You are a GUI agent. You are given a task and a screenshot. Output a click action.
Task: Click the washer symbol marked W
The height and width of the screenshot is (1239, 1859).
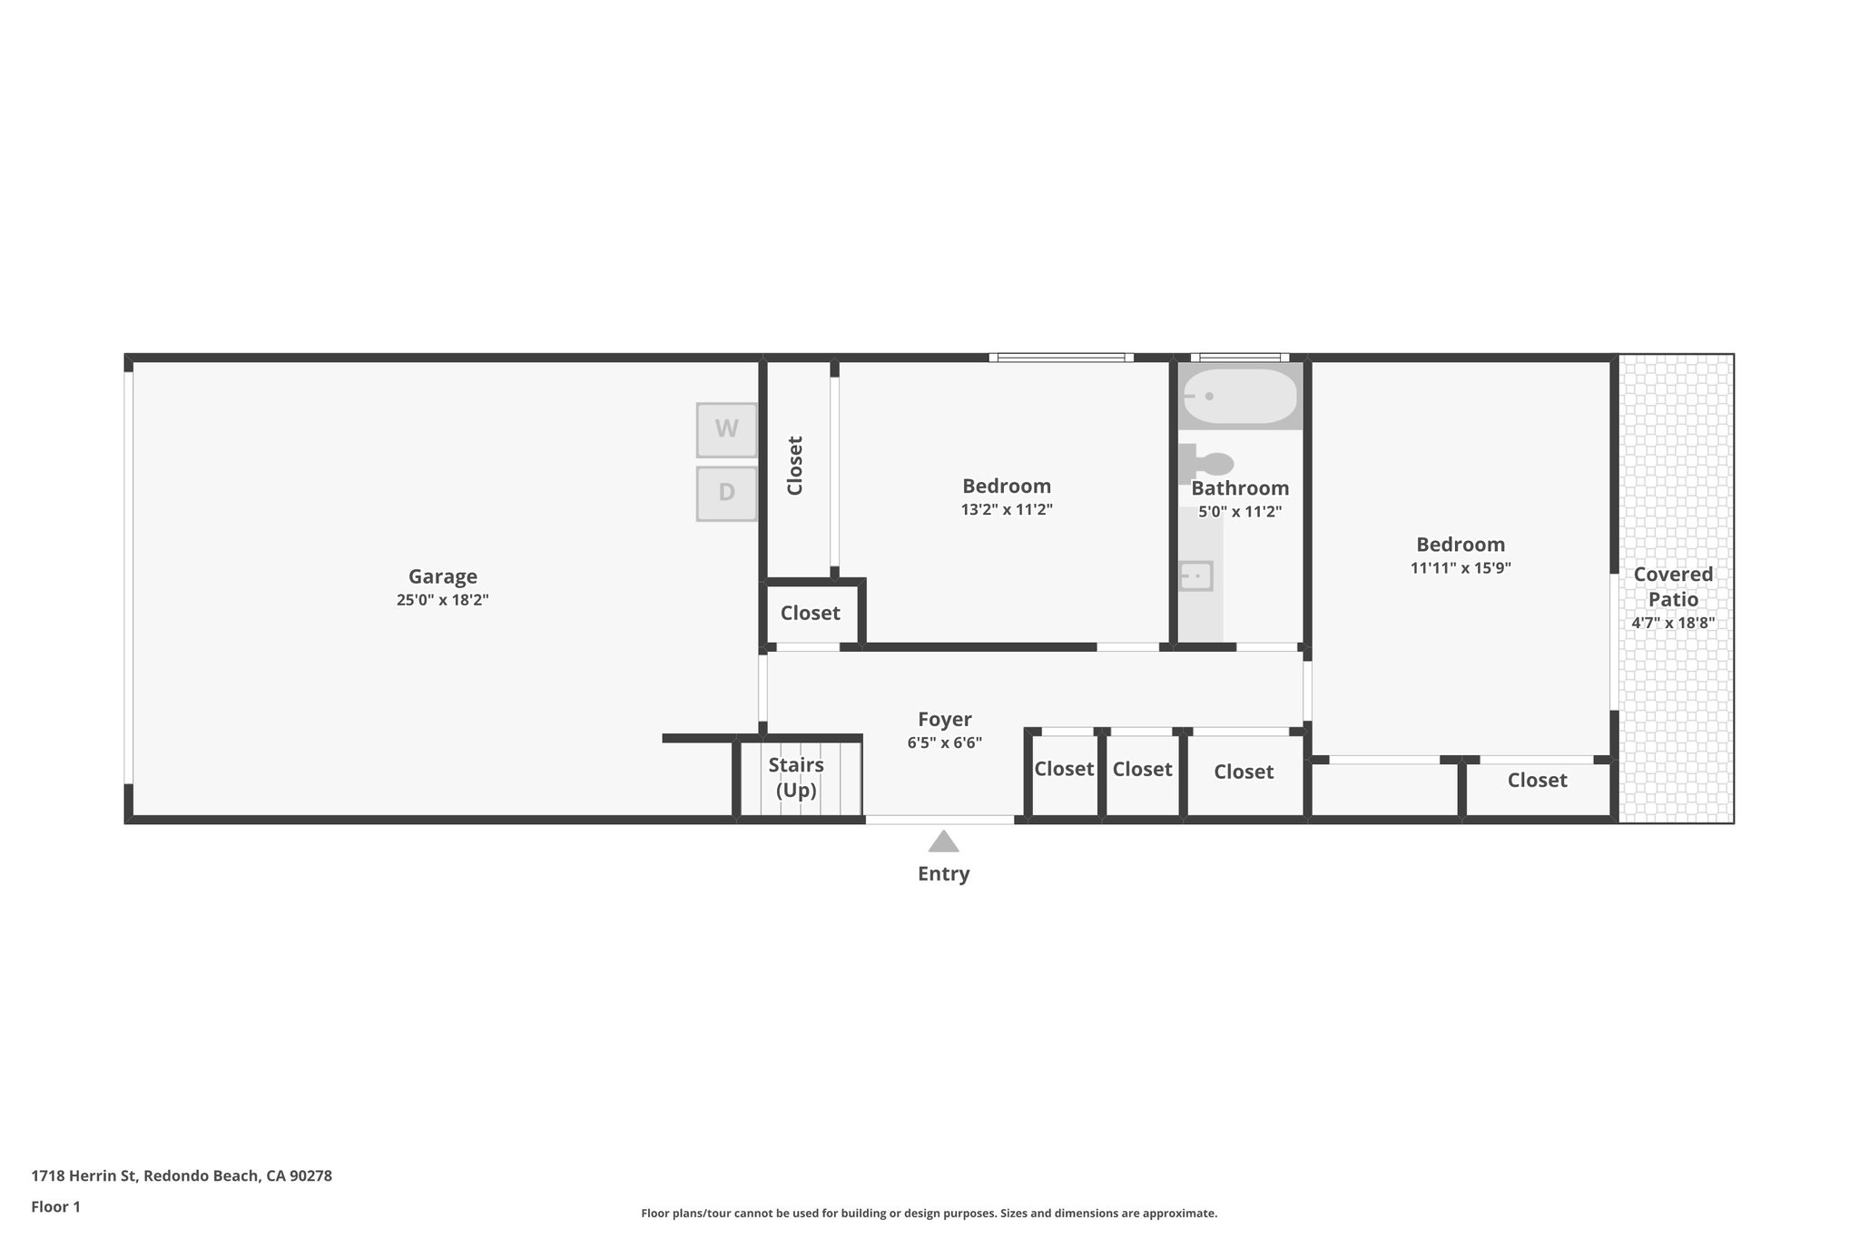(726, 429)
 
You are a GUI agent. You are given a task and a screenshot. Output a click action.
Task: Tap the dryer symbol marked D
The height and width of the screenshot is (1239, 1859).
(726, 493)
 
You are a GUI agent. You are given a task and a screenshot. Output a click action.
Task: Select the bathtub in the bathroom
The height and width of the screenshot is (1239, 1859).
(1240, 397)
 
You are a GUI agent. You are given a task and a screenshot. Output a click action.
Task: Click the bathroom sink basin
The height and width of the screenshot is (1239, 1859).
(1195, 575)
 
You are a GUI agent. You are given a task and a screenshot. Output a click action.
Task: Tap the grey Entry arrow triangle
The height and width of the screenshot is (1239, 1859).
(944, 842)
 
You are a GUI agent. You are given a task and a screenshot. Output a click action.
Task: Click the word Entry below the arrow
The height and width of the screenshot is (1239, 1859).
(944, 874)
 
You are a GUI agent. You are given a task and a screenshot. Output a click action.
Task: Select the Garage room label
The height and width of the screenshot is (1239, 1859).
(443, 576)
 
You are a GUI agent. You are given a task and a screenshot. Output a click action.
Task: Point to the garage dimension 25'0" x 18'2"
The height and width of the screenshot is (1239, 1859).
(443, 600)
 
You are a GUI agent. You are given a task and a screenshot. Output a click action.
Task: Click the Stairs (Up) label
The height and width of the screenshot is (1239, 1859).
(796, 777)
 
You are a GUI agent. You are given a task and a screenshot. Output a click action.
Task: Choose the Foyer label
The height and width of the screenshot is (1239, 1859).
(945, 720)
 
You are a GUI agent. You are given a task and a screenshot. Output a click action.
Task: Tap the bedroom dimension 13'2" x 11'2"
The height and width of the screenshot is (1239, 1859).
(1007, 510)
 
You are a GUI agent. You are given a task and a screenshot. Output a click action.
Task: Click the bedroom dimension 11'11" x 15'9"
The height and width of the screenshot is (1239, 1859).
(1461, 568)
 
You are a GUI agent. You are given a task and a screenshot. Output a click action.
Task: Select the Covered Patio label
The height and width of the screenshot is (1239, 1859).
(1673, 586)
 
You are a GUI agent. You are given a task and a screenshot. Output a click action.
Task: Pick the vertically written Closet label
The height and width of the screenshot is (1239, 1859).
(795, 466)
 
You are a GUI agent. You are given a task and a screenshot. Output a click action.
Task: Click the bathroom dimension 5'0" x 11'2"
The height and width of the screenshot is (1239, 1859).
(1240, 512)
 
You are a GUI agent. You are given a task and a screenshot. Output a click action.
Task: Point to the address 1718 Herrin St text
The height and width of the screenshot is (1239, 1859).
(182, 1176)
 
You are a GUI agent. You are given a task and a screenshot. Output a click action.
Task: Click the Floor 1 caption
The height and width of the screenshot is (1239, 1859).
(56, 1207)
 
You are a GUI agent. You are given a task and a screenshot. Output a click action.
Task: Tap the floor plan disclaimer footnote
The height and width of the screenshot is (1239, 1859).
(929, 1214)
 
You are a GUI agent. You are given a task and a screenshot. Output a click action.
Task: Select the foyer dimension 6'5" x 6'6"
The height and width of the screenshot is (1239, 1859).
(945, 743)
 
